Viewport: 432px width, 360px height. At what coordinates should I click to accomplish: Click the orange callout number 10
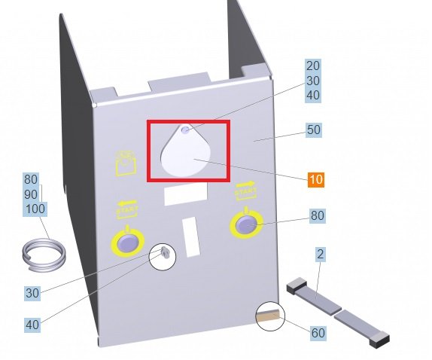pyautogui.click(x=316, y=179)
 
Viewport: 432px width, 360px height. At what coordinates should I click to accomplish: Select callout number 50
pyautogui.click(x=314, y=130)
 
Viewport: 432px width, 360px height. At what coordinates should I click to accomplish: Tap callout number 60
pyautogui.click(x=318, y=333)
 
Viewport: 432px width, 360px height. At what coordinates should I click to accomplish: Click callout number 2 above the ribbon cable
pyautogui.click(x=320, y=254)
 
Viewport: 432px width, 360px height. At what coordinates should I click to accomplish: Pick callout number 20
pyautogui.click(x=313, y=66)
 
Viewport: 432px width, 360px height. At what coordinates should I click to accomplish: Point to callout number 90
pyautogui.click(x=31, y=194)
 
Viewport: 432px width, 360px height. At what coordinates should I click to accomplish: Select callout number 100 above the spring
pyautogui.click(x=35, y=209)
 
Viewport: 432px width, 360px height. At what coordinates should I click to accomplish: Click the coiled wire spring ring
pyautogui.click(x=44, y=255)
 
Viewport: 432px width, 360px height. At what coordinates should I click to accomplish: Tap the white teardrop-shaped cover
pyautogui.click(x=186, y=151)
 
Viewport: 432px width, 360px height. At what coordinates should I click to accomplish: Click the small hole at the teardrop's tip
pyautogui.click(x=186, y=130)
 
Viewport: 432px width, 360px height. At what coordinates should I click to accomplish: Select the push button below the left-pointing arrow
pyautogui.click(x=127, y=243)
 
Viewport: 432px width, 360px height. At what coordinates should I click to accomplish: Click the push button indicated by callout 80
pyautogui.click(x=246, y=225)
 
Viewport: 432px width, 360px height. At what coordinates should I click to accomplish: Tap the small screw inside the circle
pyautogui.click(x=165, y=252)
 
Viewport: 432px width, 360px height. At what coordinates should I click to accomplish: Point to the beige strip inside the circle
pyautogui.click(x=268, y=316)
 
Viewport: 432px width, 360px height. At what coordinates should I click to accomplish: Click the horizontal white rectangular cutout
pyautogui.click(x=186, y=194)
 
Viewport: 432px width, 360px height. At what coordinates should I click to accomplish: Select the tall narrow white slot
pyautogui.click(x=191, y=236)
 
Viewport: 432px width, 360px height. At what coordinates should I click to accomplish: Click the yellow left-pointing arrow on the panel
pyautogui.click(x=127, y=203)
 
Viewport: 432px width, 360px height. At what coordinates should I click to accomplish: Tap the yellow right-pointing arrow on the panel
pyautogui.click(x=245, y=184)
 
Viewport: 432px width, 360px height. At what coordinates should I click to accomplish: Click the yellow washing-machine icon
pyautogui.click(x=126, y=163)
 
